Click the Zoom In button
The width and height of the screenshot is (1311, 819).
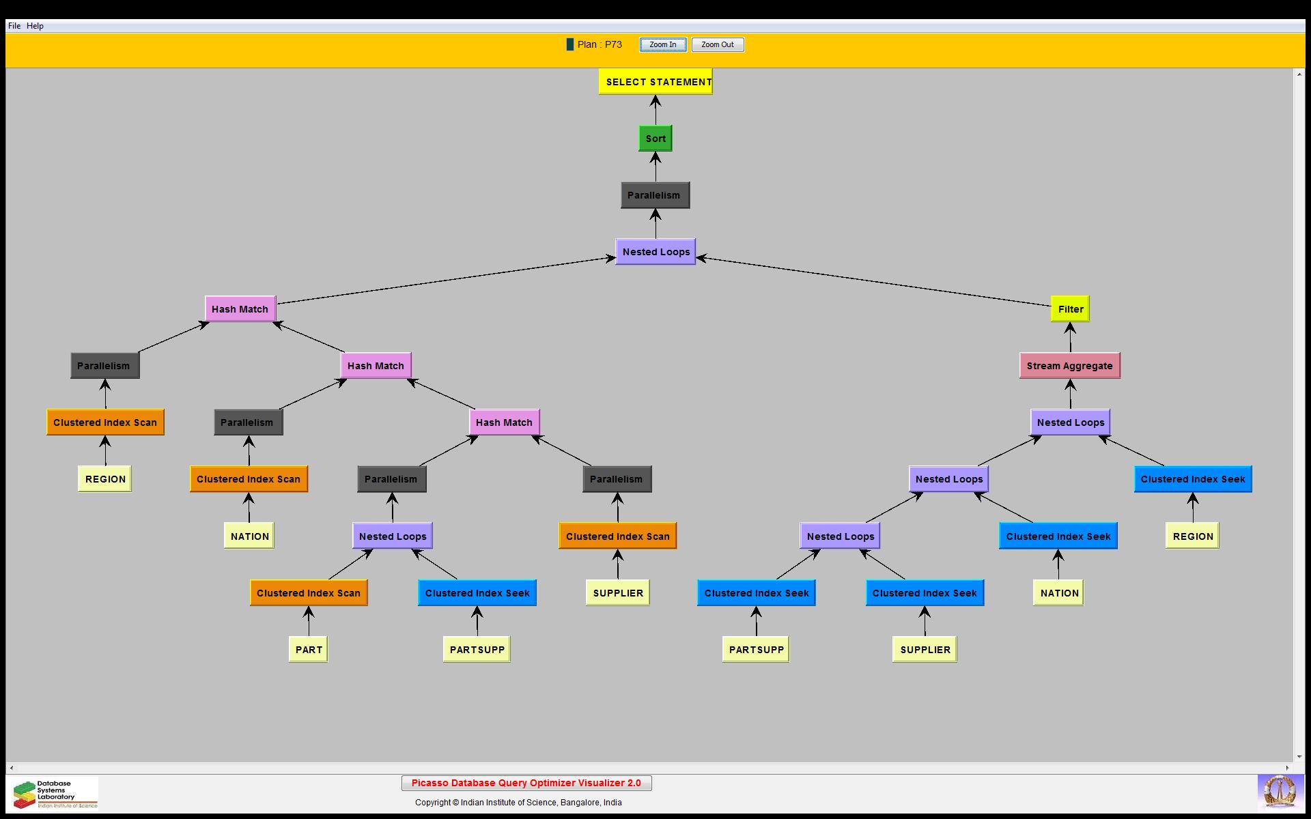click(662, 45)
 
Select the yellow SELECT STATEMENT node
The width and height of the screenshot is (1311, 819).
click(655, 82)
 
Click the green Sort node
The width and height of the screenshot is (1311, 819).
click(655, 139)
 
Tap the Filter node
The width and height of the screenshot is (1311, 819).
click(1070, 309)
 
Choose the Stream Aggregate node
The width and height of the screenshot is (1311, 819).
click(1069, 366)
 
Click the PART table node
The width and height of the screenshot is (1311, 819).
click(309, 650)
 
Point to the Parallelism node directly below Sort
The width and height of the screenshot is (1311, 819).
click(655, 195)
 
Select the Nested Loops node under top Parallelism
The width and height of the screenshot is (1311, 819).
click(655, 252)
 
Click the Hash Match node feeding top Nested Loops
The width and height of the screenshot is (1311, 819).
click(240, 309)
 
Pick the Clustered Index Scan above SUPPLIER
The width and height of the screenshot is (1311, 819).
click(617, 536)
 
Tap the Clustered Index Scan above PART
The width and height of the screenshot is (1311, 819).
click(309, 593)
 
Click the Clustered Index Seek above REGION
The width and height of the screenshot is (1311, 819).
click(1192, 479)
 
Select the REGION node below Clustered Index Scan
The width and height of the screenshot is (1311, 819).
click(105, 479)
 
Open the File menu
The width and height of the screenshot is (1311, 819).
click(14, 26)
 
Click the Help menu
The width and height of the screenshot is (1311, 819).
click(35, 26)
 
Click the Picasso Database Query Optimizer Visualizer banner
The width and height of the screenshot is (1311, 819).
click(526, 783)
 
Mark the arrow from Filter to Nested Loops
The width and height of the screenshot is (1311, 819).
click(874, 281)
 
